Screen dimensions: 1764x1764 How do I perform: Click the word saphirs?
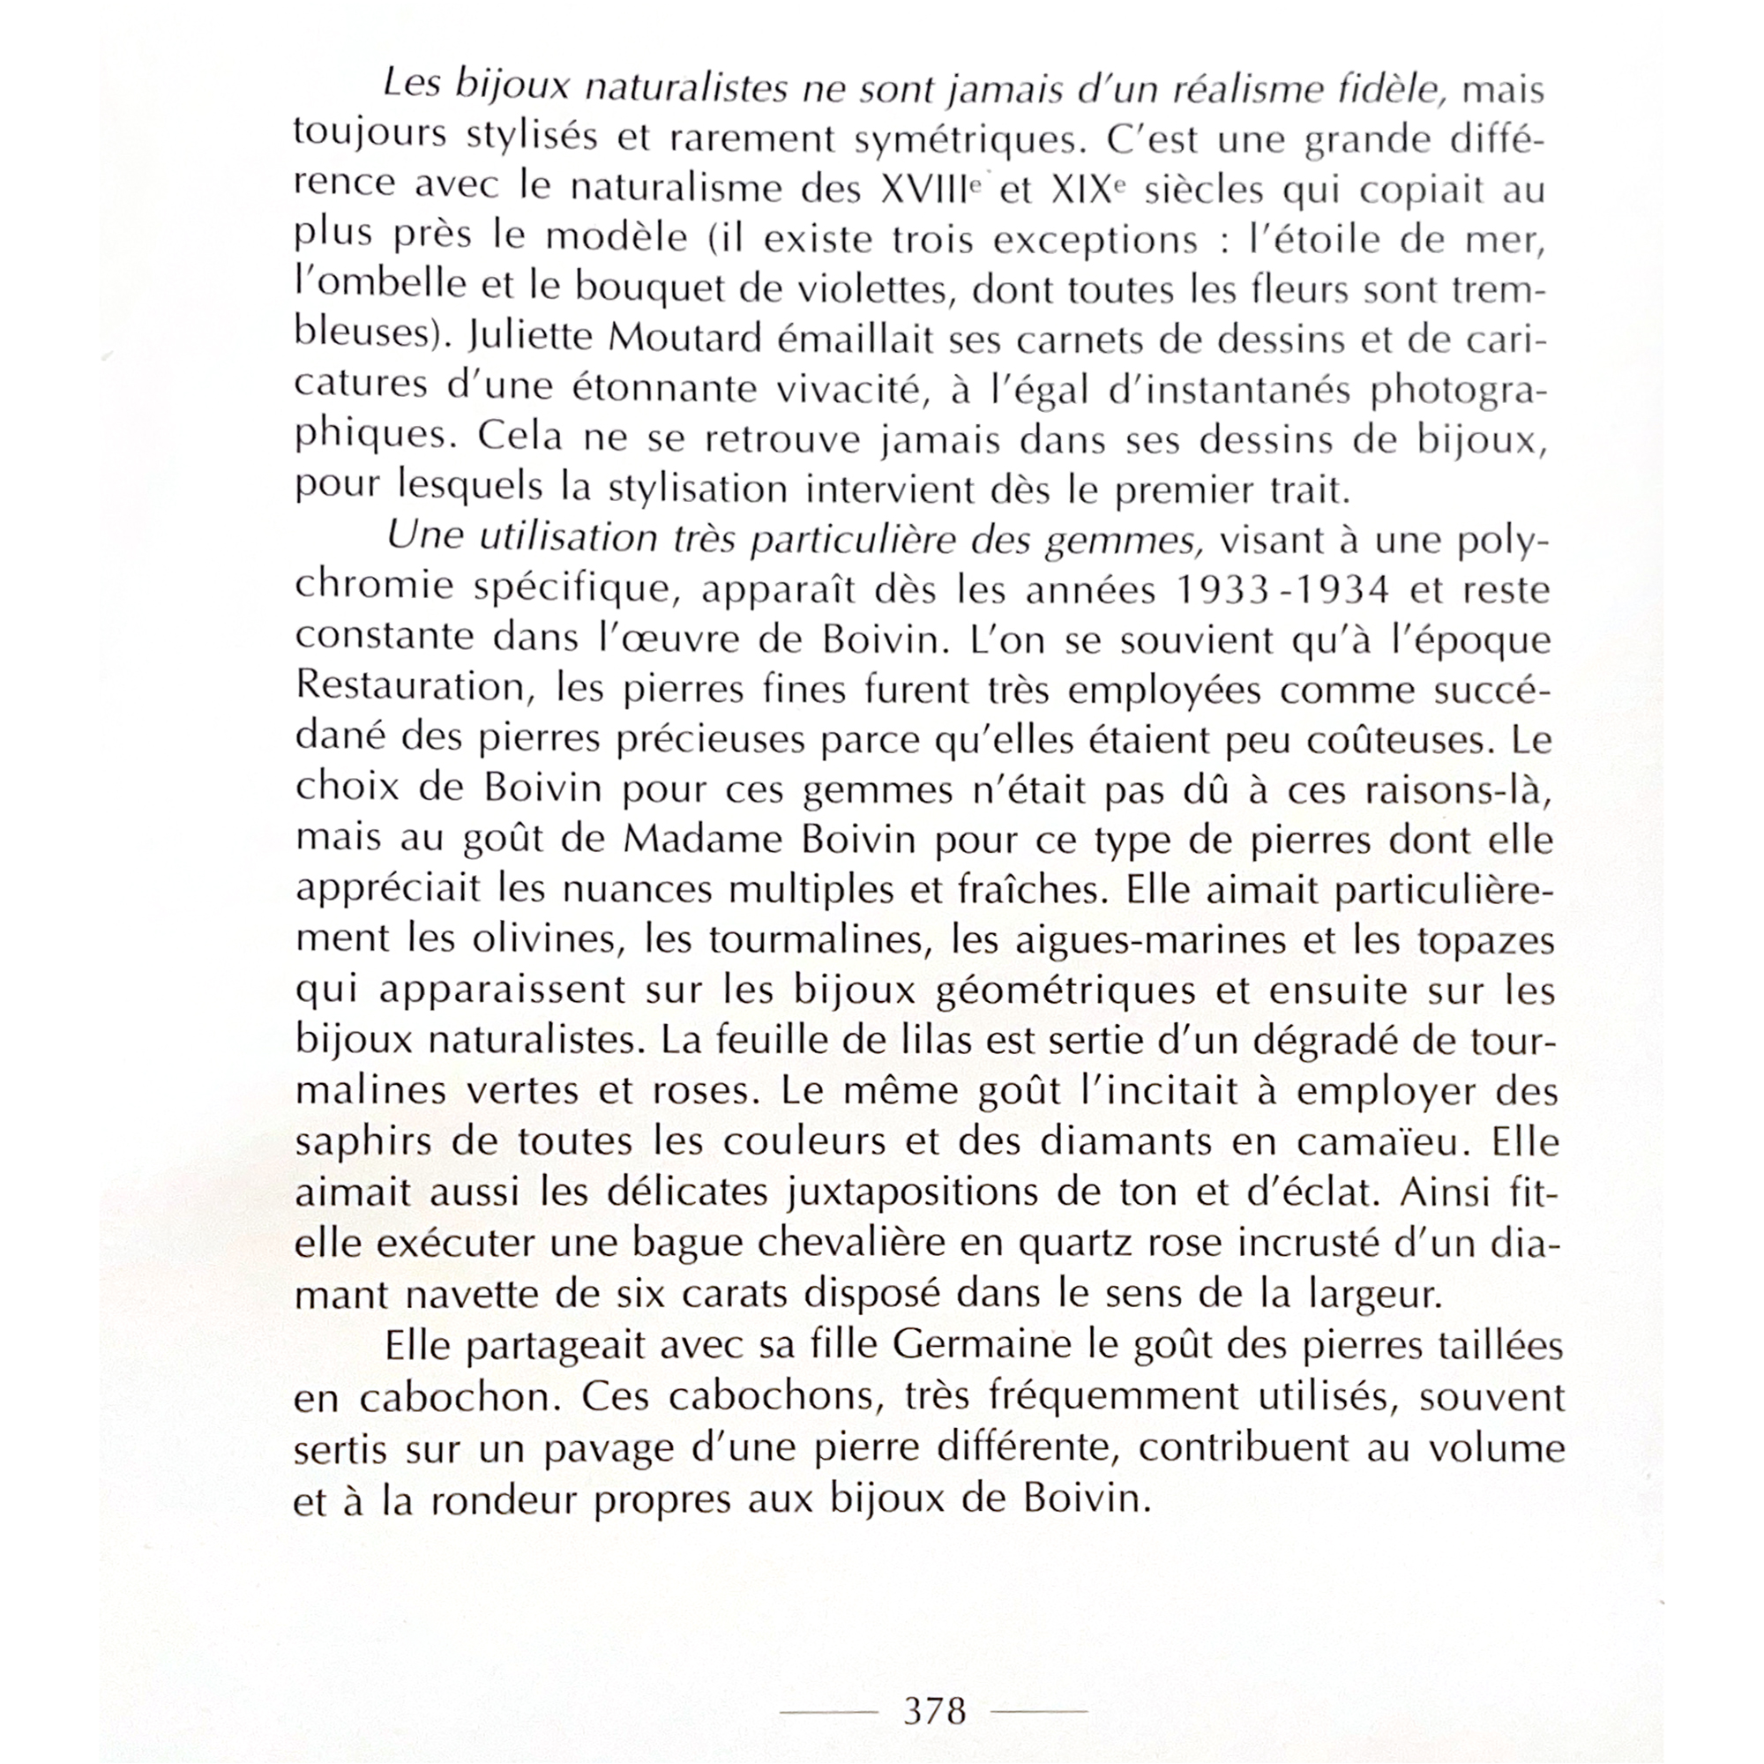click(348, 1141)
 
